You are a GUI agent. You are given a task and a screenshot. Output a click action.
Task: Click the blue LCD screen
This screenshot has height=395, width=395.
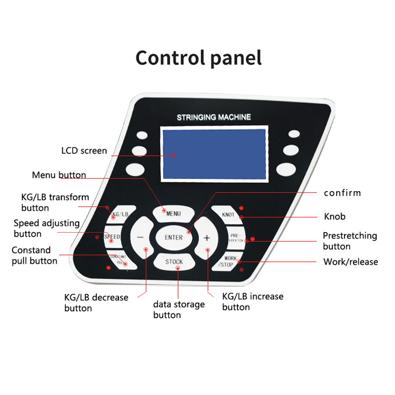(x=214, y=154)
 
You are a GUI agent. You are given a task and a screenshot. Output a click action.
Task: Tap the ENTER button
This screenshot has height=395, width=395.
(x=174, y=238)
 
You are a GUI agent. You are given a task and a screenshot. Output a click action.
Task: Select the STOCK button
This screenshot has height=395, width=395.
(x=174, y=262)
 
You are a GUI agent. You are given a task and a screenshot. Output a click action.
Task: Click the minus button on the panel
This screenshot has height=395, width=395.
(x=141, y=238)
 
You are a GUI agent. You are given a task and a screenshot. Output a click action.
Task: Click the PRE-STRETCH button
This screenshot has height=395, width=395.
(x=235, y=238)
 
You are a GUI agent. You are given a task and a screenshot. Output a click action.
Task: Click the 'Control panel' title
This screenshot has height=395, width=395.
(x=199, y=58)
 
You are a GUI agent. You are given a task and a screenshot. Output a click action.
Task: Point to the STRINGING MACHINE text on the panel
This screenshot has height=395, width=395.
(x=214, y=117)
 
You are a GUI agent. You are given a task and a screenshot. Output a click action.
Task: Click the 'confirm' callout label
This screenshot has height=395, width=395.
(x=342, y=193)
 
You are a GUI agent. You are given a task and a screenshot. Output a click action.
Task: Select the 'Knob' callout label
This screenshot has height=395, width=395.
(x=335, y=216)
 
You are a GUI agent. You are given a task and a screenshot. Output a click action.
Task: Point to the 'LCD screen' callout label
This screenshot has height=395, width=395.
(x=84, y=151)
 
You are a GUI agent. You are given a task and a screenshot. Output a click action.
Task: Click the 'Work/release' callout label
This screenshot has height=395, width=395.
(x=350, y=262)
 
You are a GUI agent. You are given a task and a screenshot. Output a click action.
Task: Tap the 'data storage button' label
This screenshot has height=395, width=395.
(x=179, y=309)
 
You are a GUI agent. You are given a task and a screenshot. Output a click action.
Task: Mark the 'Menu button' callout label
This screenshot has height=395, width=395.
(x=59, y=175)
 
